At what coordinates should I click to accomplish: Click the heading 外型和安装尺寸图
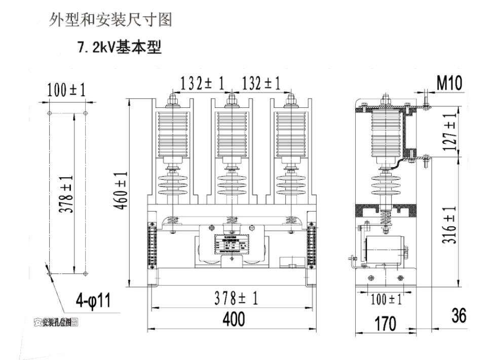point(110,20)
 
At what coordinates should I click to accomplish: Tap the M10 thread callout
point(449,84)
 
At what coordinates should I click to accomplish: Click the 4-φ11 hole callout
point(93,301)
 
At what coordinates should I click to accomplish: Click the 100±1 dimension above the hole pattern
point(66,91)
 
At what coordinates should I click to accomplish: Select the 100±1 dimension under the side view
point(386,300)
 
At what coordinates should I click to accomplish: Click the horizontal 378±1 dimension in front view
point(234,299)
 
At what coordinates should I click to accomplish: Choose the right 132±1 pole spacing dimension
point(261,84)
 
